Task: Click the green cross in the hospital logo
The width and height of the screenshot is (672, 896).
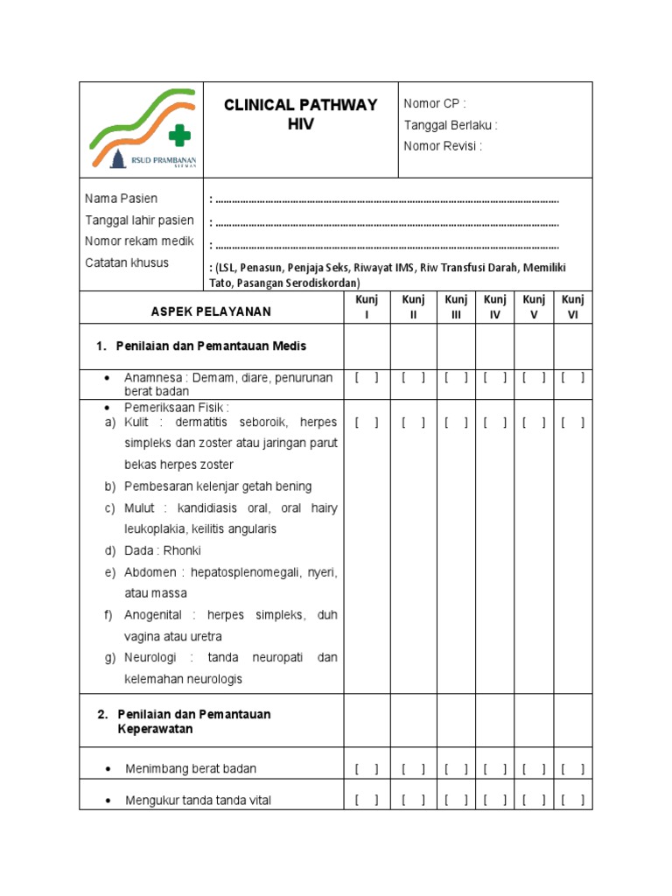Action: (x=178, y=135)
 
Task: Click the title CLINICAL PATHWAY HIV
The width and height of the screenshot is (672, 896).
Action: (x=300, y=115)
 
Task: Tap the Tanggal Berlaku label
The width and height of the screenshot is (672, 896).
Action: (x=450, y=125)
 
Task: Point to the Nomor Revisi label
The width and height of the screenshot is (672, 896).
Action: (x=442, y=146)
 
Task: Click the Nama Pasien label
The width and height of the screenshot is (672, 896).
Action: (x=121, y=199)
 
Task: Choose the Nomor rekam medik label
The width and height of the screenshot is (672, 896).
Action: (x=139, y=241)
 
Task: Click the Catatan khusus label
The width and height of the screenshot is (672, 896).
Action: (x=127, y=262)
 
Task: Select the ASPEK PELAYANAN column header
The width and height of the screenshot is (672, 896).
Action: (x=211, y=311)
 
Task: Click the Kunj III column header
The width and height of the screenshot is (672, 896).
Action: (x=456, y=307)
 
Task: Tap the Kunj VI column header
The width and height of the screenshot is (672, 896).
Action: (x=573, y=307)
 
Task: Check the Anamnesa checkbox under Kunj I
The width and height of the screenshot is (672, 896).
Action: (x=367, y=378)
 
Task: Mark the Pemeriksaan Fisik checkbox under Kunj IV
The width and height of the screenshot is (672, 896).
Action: (x=494, y=423)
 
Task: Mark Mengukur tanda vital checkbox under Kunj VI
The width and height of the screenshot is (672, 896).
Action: (x=573, y=800)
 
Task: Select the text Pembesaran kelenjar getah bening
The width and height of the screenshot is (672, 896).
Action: (x=218, y=486)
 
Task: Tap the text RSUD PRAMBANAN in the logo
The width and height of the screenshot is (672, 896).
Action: (x=164, y=159)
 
